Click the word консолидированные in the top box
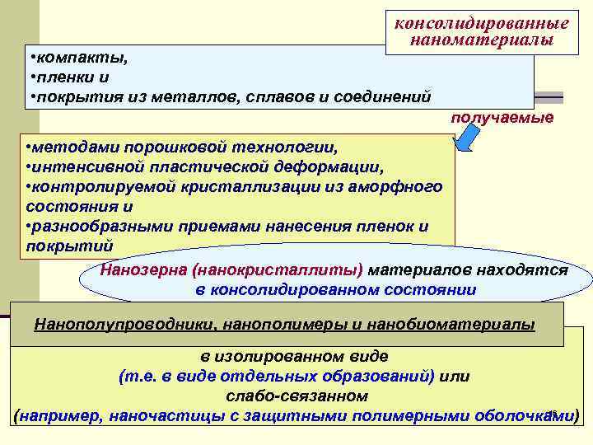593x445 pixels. [x=482, y=23]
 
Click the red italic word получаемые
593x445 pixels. [x=502, y=118]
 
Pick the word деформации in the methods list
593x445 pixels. [x=336, y=167]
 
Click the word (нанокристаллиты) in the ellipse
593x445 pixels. [x=268, y=270]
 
